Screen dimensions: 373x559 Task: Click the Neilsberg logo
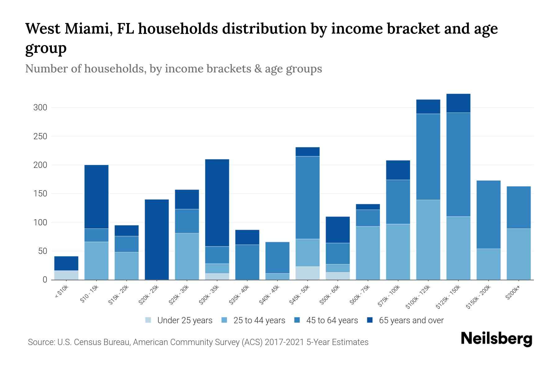click(x=496, y=339)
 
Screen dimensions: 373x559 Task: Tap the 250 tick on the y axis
click(x=40, y=136)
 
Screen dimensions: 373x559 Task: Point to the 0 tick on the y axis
click(x=45, y=280)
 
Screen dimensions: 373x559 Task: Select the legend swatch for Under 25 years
click(x=148, y=320)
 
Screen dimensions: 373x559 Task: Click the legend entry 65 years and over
click(x=411, y=320)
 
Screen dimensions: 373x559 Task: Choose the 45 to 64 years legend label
click(x=332, y=320)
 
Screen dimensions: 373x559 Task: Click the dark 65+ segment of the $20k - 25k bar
click(x=157, y=239)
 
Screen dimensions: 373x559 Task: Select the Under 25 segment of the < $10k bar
click(x=66, y=275)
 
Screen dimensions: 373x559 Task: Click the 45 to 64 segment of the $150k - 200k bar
click(x=489, y=214)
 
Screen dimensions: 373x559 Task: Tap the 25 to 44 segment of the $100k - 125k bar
click(x=428, y=240)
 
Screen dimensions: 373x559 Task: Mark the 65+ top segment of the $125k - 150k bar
click(x=458, y=103)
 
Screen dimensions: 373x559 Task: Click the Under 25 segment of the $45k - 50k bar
click(x=307, y=273)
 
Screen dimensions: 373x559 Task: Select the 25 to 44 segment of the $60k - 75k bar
click(x=368, y=253)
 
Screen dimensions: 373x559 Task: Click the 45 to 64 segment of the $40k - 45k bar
click(x=277, y=257)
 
